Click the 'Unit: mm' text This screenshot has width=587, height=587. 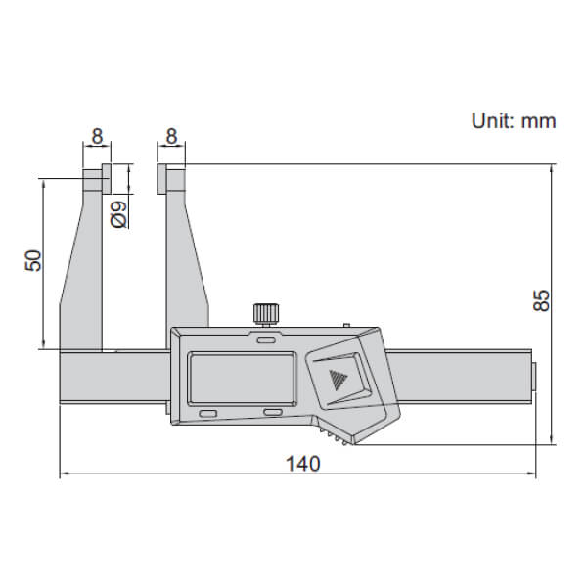tap(513, 121)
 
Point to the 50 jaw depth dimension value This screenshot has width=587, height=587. tap(32, 261)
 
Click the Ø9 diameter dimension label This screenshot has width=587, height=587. tap(116, 213)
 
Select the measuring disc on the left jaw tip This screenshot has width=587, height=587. tap(95, 180)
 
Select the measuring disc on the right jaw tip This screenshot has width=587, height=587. tap(169, 180)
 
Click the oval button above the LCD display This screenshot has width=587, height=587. tap(265, 341)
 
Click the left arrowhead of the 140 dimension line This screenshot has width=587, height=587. tap(66, 475)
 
